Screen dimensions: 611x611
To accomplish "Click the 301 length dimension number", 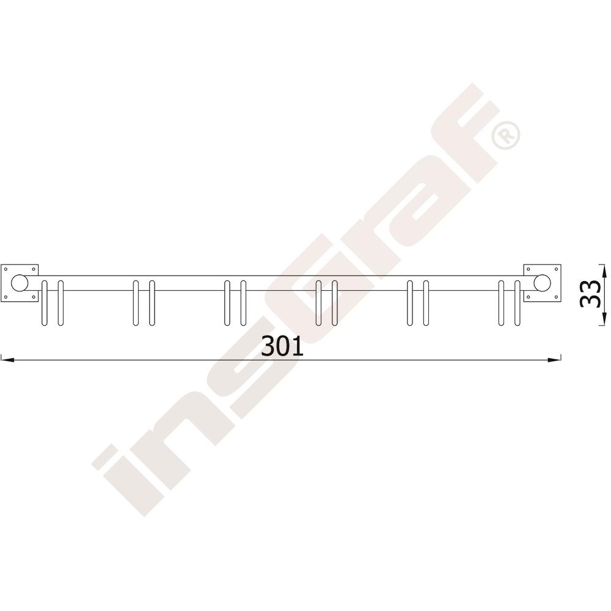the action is point(282,346).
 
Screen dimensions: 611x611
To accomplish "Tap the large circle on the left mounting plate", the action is point(19,283).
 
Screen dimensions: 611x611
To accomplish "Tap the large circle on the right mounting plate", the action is point(543,283).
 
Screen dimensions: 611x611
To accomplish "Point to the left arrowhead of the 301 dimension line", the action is point(7,360).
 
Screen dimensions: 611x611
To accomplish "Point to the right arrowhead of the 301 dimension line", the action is point(554,360).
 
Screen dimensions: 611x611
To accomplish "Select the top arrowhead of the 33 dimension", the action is point(604,271).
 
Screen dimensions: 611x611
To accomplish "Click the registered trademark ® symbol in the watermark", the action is point(506,135).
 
